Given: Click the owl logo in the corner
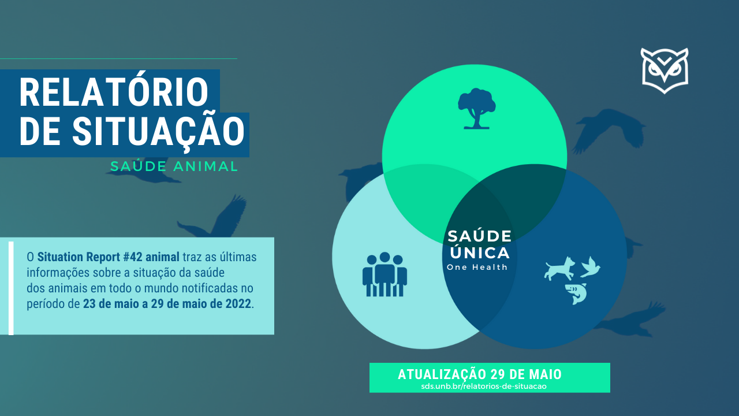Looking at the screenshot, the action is coord(665,70).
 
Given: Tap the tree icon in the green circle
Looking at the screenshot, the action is coord(476,108).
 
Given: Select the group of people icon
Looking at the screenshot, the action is coord(385,274).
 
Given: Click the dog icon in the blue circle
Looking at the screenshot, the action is coord(559,269).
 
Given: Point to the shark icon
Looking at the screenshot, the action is coord(576,294).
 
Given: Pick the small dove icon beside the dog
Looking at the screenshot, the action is coord(590,267).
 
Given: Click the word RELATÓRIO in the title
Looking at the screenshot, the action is coord(114,93).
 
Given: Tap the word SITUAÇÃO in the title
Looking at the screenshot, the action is coord(158,131).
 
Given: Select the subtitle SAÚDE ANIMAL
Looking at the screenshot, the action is coord(174,166).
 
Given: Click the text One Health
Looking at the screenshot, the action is coord(477,267).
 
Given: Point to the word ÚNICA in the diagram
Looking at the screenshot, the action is coord(480,253).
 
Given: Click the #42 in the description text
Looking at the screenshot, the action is coord(133,257).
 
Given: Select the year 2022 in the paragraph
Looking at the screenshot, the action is coord(238,304).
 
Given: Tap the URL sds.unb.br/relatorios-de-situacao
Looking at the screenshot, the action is coord(484,386).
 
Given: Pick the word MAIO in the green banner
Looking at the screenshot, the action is coord(546,374).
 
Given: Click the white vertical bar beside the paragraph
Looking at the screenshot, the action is coord(11,288).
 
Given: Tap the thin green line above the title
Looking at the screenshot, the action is coord(118,59).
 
